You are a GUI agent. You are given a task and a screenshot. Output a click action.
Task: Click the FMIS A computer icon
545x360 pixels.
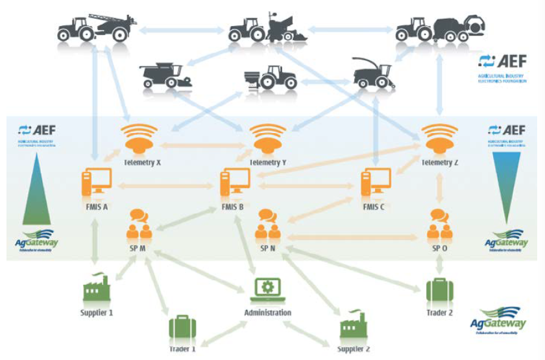(96, 182)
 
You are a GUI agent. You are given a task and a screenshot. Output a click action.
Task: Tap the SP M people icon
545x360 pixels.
(140, 222)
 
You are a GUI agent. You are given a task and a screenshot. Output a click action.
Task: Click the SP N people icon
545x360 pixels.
(268, 222)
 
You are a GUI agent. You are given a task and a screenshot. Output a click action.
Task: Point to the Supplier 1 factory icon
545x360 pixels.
(97, 289)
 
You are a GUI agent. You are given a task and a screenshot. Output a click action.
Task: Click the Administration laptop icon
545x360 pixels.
(267, 289)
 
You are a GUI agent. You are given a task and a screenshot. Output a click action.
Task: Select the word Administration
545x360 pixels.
(267, 313)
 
